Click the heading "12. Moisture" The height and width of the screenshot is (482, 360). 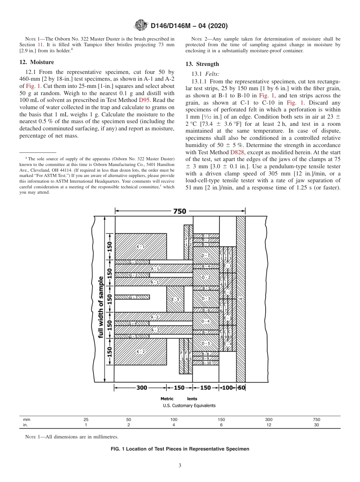pos(37,62)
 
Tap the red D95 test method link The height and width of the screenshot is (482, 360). pos(144,100)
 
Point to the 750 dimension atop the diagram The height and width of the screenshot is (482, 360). pos(180,211)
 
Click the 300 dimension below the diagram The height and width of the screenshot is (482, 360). pos(141,388)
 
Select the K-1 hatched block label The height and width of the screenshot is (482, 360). pos(141,246)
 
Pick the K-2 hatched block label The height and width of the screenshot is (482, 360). pos(141,352)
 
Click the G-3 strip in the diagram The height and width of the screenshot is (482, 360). pos(133,297)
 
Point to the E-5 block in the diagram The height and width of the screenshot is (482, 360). pos(175,299)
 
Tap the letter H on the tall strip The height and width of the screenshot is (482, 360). pos(240,299)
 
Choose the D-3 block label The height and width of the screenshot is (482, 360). pos(206,299)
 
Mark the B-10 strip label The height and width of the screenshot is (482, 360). pos(206,363)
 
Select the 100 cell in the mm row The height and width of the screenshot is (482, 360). pos(174,419)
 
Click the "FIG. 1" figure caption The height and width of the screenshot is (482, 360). pos(180,449)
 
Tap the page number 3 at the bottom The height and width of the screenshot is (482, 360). pos(180,466)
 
